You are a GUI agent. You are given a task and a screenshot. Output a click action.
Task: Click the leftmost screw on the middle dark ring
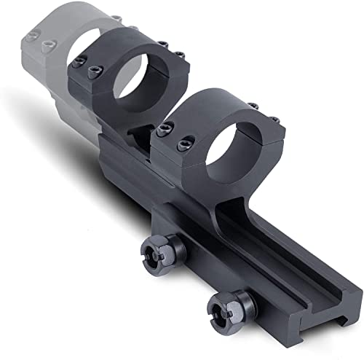click(78, 64)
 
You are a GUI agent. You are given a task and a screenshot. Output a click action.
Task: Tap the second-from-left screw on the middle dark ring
click(92, 72)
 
